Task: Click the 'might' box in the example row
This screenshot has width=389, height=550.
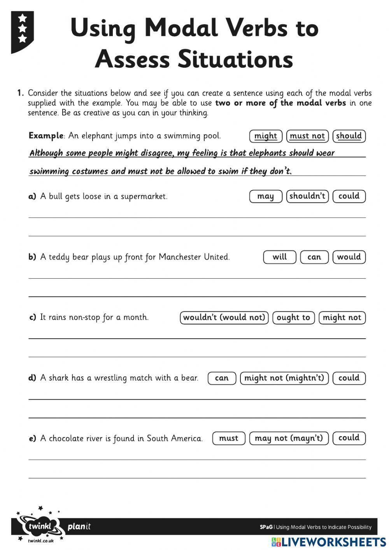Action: [x=266, y=136]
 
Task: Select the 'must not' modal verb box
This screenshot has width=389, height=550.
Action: [x=307, y=136]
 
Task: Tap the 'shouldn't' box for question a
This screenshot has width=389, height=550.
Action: [x=307, y=196]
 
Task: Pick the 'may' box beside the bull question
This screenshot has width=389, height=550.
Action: [x=266, y=196]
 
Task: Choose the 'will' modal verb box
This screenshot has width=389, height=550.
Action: [x=279, y=257]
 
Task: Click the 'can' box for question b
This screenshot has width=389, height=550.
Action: [x=314, y=257]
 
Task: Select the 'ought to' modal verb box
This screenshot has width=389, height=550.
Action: [x=293, y=318]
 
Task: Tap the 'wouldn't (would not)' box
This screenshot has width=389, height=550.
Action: [x=224, y=318]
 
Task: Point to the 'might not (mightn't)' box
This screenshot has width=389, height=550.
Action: [x=284, y=378]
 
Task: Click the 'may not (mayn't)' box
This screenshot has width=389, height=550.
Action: [x=289, y=438]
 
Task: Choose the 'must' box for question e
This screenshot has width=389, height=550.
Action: [x=229, y=438]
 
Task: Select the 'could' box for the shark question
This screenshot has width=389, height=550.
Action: [x=349, y=378]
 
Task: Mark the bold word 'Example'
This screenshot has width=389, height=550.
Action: [x=46, y=136]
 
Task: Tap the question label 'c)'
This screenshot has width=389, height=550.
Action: [x=33, y=318]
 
